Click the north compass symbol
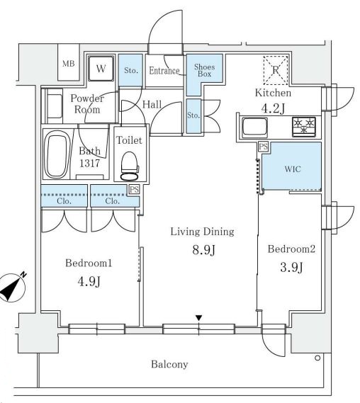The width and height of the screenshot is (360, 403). (x=12, y=288)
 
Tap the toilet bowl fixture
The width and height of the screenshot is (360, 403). (x=129, y=166)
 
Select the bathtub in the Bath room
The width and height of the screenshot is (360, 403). (x=55, y=154)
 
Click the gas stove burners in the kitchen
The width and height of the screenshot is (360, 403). (x=304, y=126)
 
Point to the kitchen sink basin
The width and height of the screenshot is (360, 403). (x=255, y=126)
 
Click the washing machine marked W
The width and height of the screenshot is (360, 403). (x=101, y=69)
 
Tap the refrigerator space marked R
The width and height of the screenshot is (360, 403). (x=276, y=70)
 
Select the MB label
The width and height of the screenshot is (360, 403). (x=69, y=63)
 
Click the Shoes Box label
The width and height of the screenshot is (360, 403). (x=204, y=70)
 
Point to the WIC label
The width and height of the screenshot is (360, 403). (x=293, y=169)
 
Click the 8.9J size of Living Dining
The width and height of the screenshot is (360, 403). (x=203, y=250)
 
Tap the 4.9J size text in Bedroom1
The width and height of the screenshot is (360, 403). (x=89, y=281)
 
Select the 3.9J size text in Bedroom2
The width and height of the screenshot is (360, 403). (x=291, y=267)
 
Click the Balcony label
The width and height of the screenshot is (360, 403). (x=169, y=365)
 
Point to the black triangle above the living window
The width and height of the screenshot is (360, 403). (x=198, y=318)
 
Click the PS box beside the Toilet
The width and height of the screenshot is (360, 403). (x=134, y=190)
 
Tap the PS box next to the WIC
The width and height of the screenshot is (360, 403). (x=264, y=147)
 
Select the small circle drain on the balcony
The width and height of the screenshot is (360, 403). (x=317, y=358)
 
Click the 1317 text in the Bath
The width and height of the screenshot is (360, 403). (x=89, y=163)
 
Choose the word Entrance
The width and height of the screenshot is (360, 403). (x=164, y=71)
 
